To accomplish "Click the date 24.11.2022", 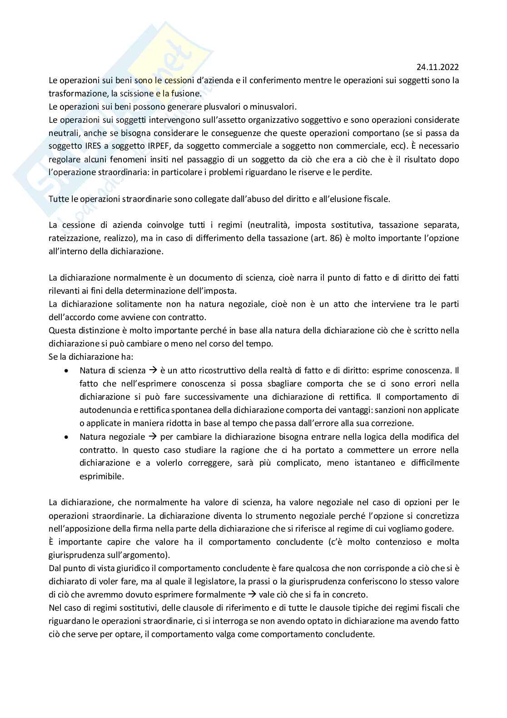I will point(437,67).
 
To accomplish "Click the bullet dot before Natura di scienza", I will point(67,371).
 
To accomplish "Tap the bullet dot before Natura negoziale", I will point(67,437).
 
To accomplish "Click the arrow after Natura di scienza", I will point(153,371).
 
